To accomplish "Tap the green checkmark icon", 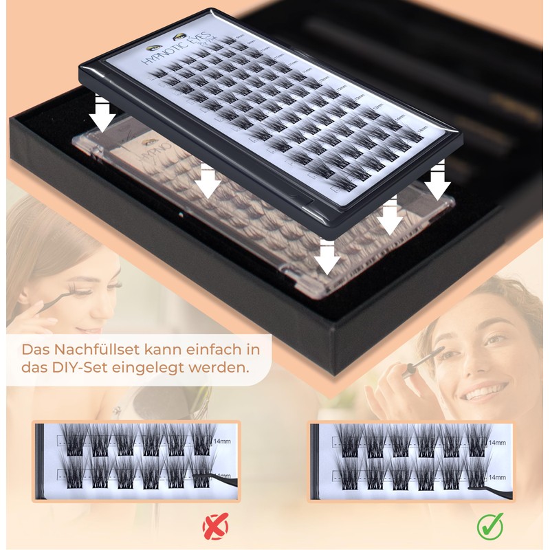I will click(x=490, y=527).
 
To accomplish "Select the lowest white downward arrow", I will click(x=327, y=258).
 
